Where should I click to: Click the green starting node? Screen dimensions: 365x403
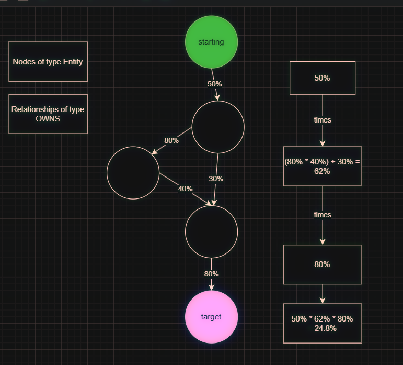point(211,42)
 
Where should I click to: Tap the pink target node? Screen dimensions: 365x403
point(211,317)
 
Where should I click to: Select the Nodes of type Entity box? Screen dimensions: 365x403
point(48,61)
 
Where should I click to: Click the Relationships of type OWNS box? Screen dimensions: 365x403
point(48,114)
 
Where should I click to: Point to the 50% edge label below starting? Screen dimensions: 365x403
point(214,84)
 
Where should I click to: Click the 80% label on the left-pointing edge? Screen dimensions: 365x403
point(171,140)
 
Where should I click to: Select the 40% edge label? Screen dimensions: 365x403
point(185,189)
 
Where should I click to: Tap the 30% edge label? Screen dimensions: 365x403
point(216,179)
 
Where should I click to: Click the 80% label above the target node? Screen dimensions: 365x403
point(211,274)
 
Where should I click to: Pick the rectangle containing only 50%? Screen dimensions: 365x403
point(322,78)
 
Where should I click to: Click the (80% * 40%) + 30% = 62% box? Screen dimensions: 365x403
point(322,166)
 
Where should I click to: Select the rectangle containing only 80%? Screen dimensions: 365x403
point(322,264)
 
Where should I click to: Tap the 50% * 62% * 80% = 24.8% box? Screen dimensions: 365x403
point(322,323)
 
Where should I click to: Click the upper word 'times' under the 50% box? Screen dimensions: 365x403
point(322,120)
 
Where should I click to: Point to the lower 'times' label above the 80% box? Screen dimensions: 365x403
point(322,215)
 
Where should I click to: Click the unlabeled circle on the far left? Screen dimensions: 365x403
point(133,173)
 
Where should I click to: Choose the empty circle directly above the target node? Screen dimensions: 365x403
point(211,231)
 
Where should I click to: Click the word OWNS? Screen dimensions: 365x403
point(48,118)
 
